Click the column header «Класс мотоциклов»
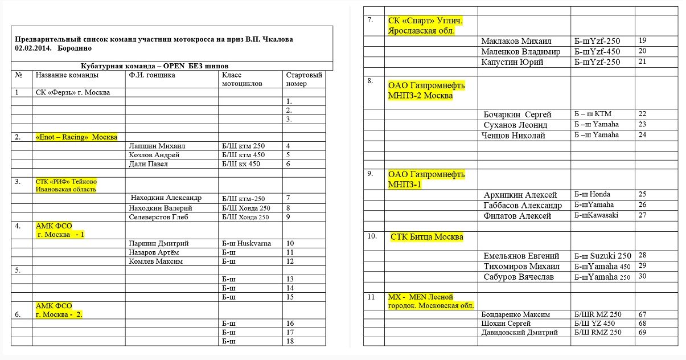(x=242, y=79)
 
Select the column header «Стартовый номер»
(x=303, y=79)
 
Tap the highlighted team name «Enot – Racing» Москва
(x=76, y=137)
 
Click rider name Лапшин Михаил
(x=158, y=146)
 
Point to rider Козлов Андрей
(x=154, y=155)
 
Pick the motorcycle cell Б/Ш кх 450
(x=241, y=164)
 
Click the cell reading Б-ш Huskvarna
(x=247, y=243)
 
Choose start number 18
(x=290, y=341)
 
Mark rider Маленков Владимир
(x=520, y=52)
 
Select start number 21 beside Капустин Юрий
(x=642, y=62)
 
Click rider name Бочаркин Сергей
(x=517, y=114)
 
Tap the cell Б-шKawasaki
(x=596, y=215)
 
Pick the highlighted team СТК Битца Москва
(x=426, y=237)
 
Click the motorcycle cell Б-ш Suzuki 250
(x=603, y=256)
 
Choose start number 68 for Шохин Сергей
(x=643, y=324)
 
